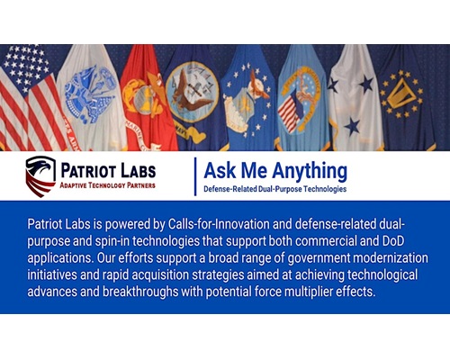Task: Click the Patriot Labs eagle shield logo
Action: point(40,176)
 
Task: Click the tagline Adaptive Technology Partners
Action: point(107,185)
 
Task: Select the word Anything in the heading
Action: point(310,171)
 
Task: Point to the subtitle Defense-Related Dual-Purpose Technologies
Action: point(275,189)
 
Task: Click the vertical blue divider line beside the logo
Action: point(195,176)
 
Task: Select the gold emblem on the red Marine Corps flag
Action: point(144,96)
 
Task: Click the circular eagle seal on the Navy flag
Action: point(193,92)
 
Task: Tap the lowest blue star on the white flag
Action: point(352,126)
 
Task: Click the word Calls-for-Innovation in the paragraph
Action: point(219,224)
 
